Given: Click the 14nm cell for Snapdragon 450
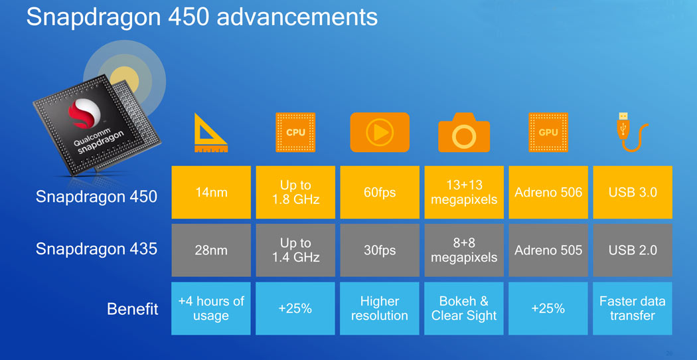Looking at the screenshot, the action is (x=211, y=192).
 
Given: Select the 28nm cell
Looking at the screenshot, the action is (x=211, y=250).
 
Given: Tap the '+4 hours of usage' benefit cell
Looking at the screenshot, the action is (x=211, y=308).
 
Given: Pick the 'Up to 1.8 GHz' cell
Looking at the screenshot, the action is (x=295, y=192).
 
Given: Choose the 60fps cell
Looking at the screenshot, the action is (x=380, y=192).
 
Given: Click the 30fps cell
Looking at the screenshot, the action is (x=380, y=250).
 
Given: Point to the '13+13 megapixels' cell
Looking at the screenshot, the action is (x=464, y=192).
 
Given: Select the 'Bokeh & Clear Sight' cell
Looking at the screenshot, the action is (x=464, y=308).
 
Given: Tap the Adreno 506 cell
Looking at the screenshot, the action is (x=548, y=192).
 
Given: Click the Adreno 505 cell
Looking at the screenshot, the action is (x=548, y=250).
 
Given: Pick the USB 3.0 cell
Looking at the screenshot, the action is (x=633, y=192).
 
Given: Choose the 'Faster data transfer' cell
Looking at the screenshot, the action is (x=633, y=308).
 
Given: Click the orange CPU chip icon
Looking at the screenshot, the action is (x=295, y=132).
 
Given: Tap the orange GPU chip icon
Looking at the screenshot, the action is (x=548, y=132).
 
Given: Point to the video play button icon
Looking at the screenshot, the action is (x=380, y=132).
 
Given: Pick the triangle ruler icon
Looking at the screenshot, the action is (x=210, y=133).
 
